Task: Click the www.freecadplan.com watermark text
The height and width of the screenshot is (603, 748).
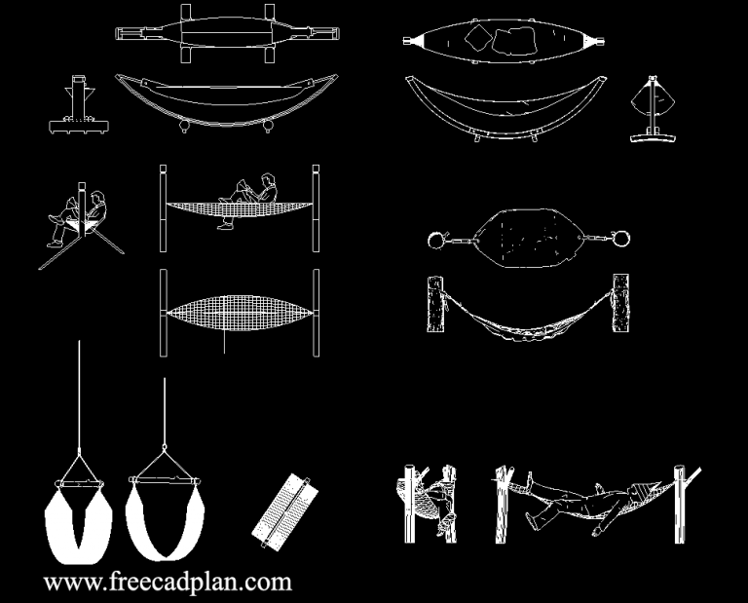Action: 168,583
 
